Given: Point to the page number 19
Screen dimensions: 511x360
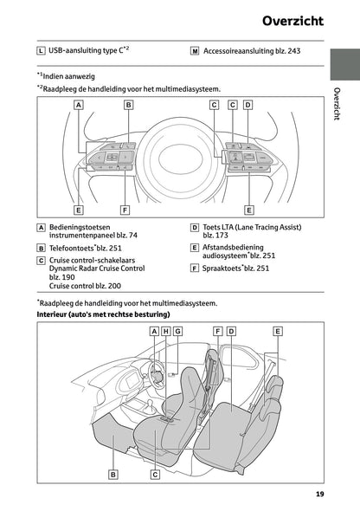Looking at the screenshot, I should tap(319, 496).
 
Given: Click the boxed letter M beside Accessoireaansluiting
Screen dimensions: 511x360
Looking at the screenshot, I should tap(195, 51).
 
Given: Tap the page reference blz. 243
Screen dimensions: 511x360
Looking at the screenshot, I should tap(286, 51).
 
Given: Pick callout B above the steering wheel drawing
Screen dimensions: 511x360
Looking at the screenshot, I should tap(128, 105).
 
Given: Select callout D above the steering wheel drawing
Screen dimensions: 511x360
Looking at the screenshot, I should tap(247, 105).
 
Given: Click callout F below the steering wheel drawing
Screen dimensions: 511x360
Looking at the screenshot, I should tap(126, 210).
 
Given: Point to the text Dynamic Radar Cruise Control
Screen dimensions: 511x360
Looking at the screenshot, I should tap(97, 268).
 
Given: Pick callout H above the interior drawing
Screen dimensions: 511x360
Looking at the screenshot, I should tap(166, 331).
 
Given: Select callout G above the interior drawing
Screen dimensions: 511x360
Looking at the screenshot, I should tap(177, 331).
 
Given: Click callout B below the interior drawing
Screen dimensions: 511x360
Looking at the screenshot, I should tap(113, 474).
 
